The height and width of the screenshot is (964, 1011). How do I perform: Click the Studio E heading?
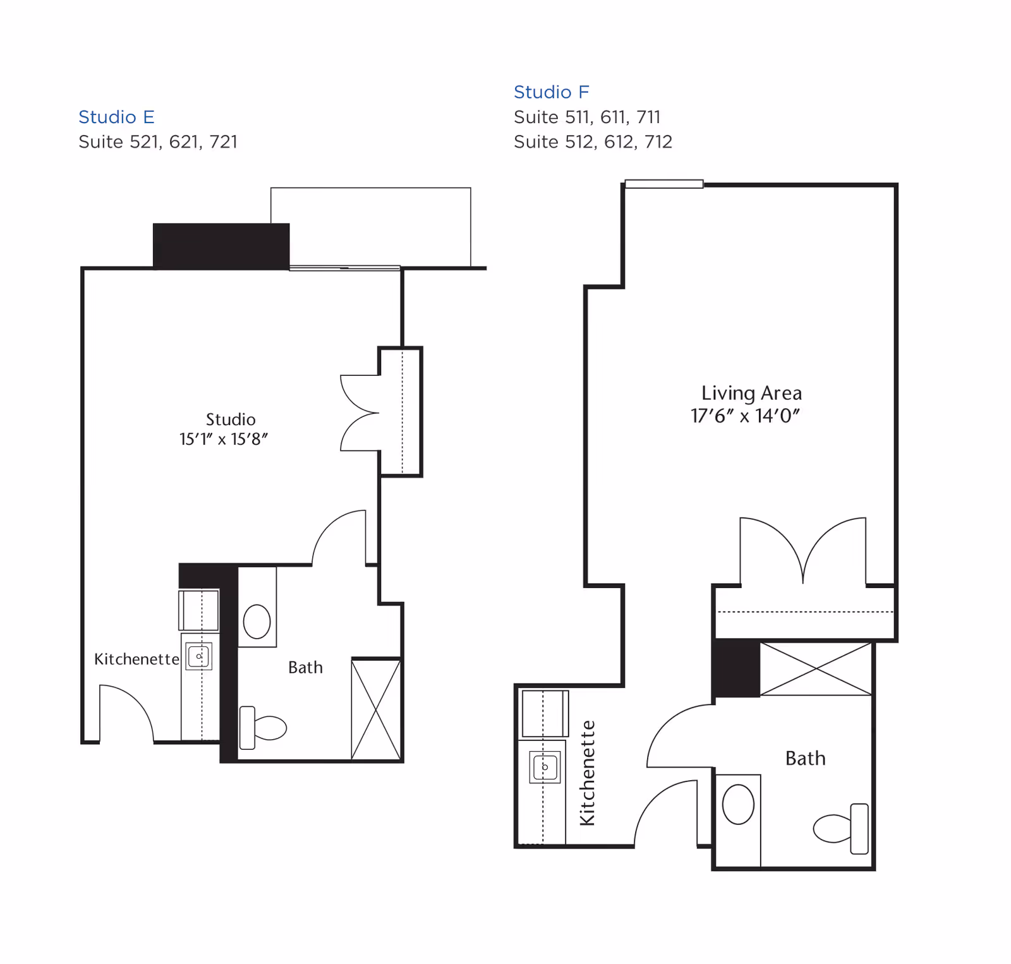[116, 117]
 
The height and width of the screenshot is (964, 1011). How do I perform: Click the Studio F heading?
[551, 92]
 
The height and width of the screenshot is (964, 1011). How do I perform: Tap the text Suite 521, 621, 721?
[158, 142]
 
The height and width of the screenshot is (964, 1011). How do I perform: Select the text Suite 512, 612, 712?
[593, 142]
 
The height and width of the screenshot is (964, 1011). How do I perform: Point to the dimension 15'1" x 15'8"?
[224, 439]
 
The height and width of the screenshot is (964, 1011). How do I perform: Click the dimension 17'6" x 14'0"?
[745, 416]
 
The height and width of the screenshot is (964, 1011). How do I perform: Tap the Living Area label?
[751, 393]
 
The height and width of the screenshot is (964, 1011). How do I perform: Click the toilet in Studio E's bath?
[264, 728]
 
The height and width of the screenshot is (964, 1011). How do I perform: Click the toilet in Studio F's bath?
[841, 828]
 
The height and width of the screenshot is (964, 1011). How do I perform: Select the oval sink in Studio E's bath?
[257, 621]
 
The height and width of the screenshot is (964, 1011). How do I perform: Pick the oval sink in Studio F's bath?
[738, 804]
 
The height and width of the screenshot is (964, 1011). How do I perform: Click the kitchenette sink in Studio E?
[199, 656]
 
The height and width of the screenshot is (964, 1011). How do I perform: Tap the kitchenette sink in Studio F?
[545, 768]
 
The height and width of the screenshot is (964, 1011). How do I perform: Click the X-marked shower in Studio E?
[376, 709]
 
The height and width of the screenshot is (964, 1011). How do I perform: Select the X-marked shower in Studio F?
[816, 669]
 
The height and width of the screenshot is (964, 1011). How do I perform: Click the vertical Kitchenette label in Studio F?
[588, 773]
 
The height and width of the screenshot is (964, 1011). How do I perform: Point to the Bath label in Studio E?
[305, 667]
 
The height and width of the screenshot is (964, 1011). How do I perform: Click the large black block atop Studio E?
[221, 246]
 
